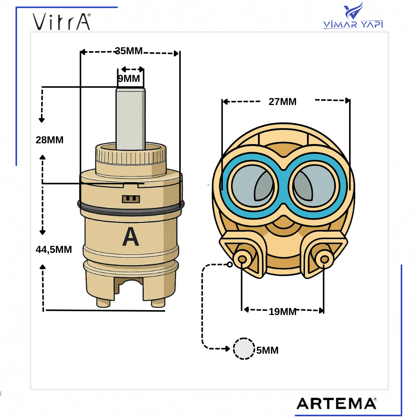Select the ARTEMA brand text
(x=336, y=403)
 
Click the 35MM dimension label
(x=129, y=51)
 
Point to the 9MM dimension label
(x=129, y=78)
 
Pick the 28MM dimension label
(x=50, y=140)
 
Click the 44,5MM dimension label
(x=54, y=249)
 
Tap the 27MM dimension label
(x=282, y=102)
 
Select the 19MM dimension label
(x=282, y=312)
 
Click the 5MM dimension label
(x=267, y=350)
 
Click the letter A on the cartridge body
(x=131, y=237)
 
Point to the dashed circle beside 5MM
(x=244, y=349)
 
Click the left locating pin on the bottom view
(x=241, y=259)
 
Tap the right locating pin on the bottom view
(x=324, y=259)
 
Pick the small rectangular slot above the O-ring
(x=131, y=199)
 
